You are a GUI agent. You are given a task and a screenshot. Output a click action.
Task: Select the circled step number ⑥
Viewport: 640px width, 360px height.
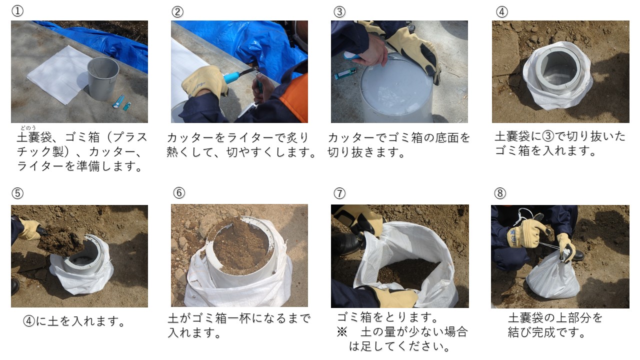tap(179, 193)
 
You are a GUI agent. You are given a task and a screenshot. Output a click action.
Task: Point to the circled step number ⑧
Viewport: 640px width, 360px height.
tap(499, 193)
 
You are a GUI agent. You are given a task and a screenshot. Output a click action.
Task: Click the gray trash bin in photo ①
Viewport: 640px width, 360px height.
tap(103, 77)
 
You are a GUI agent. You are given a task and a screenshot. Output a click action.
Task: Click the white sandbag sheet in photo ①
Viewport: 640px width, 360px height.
tap(55, 75)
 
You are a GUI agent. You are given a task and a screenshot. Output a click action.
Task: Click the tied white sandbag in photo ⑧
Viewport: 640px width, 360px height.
tap(552, 277)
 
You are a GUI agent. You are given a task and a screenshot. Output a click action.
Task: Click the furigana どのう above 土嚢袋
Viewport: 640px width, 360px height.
tap(28, 128)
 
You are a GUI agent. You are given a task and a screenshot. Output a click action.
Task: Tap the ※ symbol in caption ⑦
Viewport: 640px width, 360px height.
tap(341, 331)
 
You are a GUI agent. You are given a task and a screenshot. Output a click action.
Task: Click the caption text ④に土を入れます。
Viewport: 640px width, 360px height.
tap(74, 321)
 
